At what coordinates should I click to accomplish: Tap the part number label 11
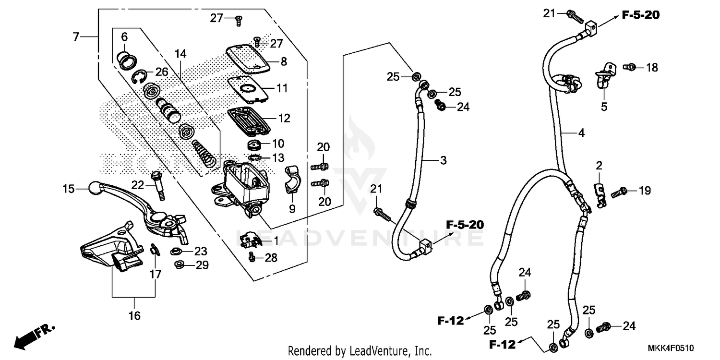(x=282, y=88)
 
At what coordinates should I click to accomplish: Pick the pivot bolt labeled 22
(x=158, y=187)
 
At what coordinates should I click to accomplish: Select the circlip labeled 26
(x=140, y=76)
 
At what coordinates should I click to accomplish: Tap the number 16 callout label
(x=134, y=316)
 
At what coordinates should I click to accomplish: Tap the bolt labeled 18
(x=630, y=67)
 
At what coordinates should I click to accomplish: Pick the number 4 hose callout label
(x=581, y=133)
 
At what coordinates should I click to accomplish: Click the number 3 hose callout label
(x=443, y=160)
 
